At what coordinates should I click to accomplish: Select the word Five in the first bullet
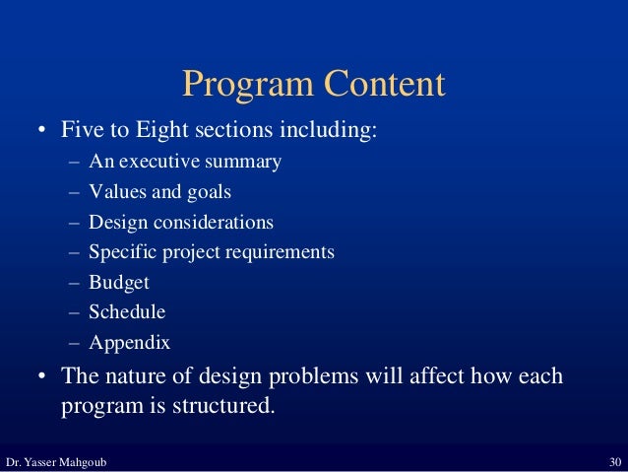pos(83,131)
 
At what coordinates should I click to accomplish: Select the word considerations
pos(211,222)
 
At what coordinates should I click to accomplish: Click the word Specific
pos(121,252)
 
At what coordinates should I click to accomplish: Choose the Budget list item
pos(118,283)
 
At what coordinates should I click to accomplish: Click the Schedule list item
pos(126,312)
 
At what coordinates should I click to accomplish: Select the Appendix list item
pos(129,344)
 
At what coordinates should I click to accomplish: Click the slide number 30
pos(614,462)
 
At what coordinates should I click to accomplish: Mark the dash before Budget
pos(75,284)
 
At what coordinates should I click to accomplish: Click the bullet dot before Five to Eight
pos(41,132)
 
